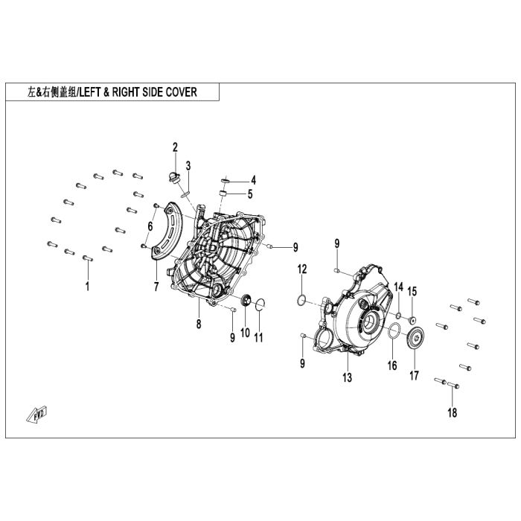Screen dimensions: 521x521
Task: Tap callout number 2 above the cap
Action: [176, 147]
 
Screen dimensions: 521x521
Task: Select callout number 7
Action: [156, 286]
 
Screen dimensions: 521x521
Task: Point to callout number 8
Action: [199, 323]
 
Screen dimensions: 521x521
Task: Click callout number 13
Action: [347, 378]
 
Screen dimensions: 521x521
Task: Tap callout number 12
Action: [301, 269]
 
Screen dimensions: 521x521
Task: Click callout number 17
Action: [414, 375]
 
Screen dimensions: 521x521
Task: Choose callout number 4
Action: [253, 180]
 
